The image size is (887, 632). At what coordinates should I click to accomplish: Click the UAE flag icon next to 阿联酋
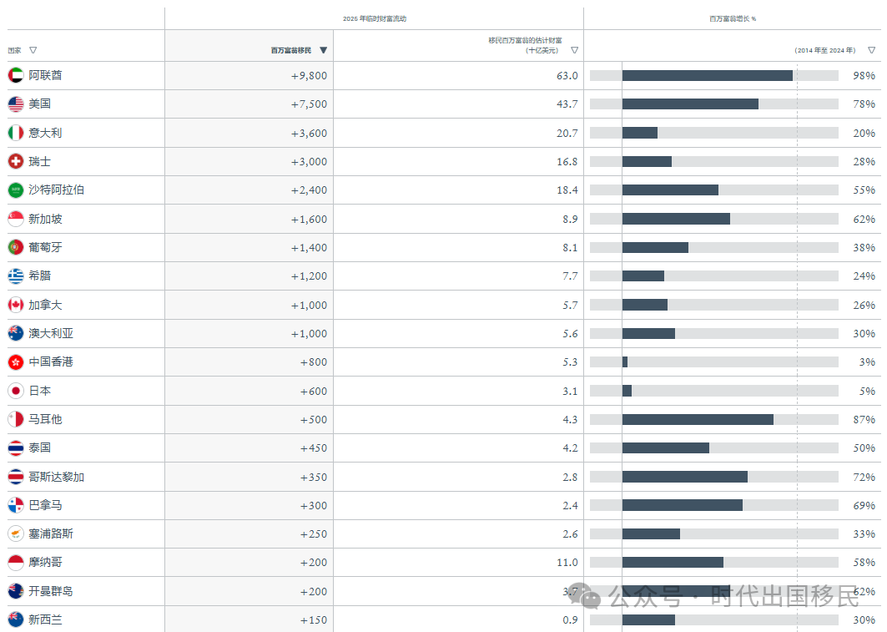pyautogui.click(x=16, y=75)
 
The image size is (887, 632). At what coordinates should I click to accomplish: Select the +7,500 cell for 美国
pyautogui.click(x=309, y=104)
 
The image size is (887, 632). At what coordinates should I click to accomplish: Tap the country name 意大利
pyautogui.click(x=45, y=133)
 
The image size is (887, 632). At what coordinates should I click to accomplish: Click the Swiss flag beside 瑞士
pyautogui.click(x=16, y=161)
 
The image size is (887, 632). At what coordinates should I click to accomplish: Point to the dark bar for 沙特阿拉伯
pyautogui.click(x=670, y=190)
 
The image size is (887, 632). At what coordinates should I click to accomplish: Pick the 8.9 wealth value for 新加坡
pyautogui.click(x=567, y=220)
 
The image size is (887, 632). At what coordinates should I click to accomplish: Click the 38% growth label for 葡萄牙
pyautogui.click(x=864, y=248)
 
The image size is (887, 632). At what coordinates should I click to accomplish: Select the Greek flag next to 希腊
pyautogui.click(x=16, y=276)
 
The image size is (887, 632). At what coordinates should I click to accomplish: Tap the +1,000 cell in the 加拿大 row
pyautogui.click(x=309, y=306)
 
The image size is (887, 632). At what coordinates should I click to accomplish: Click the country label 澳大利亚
pyautogui.click(x=51, y=333)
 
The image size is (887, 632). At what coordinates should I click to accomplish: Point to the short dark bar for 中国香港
pyautogui.click(x=625, y=362)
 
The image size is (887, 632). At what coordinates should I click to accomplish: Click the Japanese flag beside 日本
pyautogui.click(x=16, y=391)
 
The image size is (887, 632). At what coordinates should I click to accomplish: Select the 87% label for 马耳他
pyautogui.click(x=864, y=420)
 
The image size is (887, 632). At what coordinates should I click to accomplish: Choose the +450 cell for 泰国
pyautogui.click(x=314, y=448)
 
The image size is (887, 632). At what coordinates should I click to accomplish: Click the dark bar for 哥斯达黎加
pyautogui.click(x=685, y=477)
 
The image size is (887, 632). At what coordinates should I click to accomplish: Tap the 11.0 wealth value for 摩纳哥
pyautogui.click(x=567, y=563)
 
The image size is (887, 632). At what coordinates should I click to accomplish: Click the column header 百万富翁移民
pyautogui.click(x=290, y=51)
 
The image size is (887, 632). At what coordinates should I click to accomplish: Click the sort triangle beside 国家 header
pyautogui.click(x=33, y=51)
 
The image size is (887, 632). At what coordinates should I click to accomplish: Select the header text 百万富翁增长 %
pyautogui.click(x=733, y=18)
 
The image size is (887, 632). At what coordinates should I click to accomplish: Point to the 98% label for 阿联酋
pyautogui.click(x=864, y=76)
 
